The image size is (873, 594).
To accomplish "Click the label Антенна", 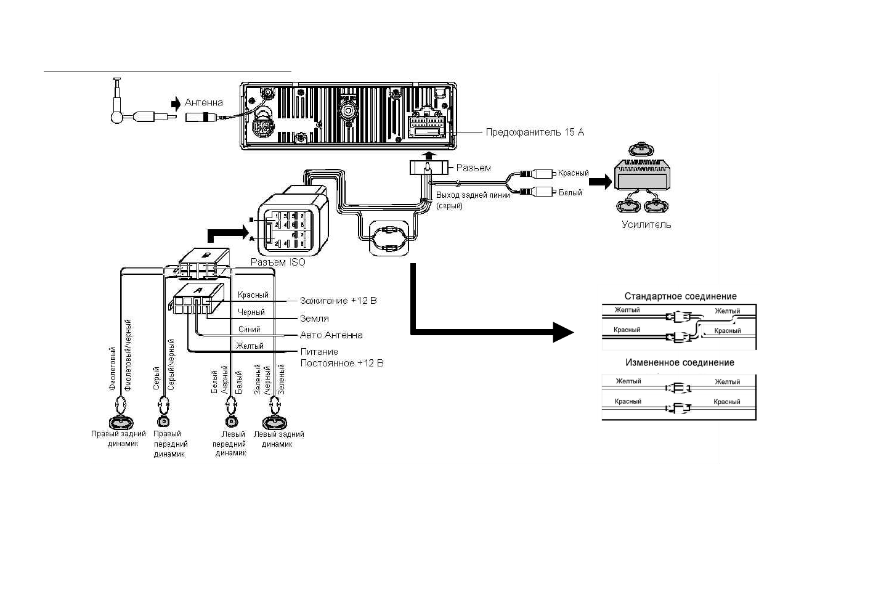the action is point(204,102).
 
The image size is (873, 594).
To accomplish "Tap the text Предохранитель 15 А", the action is point(534,132).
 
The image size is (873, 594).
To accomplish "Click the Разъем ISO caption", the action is point(277,262).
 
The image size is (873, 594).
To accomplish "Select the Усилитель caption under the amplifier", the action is point(646,225).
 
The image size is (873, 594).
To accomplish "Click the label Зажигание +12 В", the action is point(338,301).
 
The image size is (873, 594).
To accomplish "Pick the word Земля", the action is point(314,319).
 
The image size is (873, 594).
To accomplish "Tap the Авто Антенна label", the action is point(331,335).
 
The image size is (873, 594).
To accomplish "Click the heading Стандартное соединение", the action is point(680,296).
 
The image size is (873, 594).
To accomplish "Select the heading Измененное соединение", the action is point(680,363).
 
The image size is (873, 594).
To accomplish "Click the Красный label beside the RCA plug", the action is point(573,173).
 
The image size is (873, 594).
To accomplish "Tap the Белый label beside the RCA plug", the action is point(570,193).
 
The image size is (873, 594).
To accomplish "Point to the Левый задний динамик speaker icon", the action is point(275,423).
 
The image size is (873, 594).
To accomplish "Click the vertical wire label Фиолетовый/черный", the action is point(129,355).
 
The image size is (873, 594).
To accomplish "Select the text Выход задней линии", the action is point(473,195).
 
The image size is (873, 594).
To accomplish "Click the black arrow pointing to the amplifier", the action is point(600,182).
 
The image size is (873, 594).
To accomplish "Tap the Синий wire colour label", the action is point(250,329).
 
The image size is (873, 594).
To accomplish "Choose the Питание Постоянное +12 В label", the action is point(341,357).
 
